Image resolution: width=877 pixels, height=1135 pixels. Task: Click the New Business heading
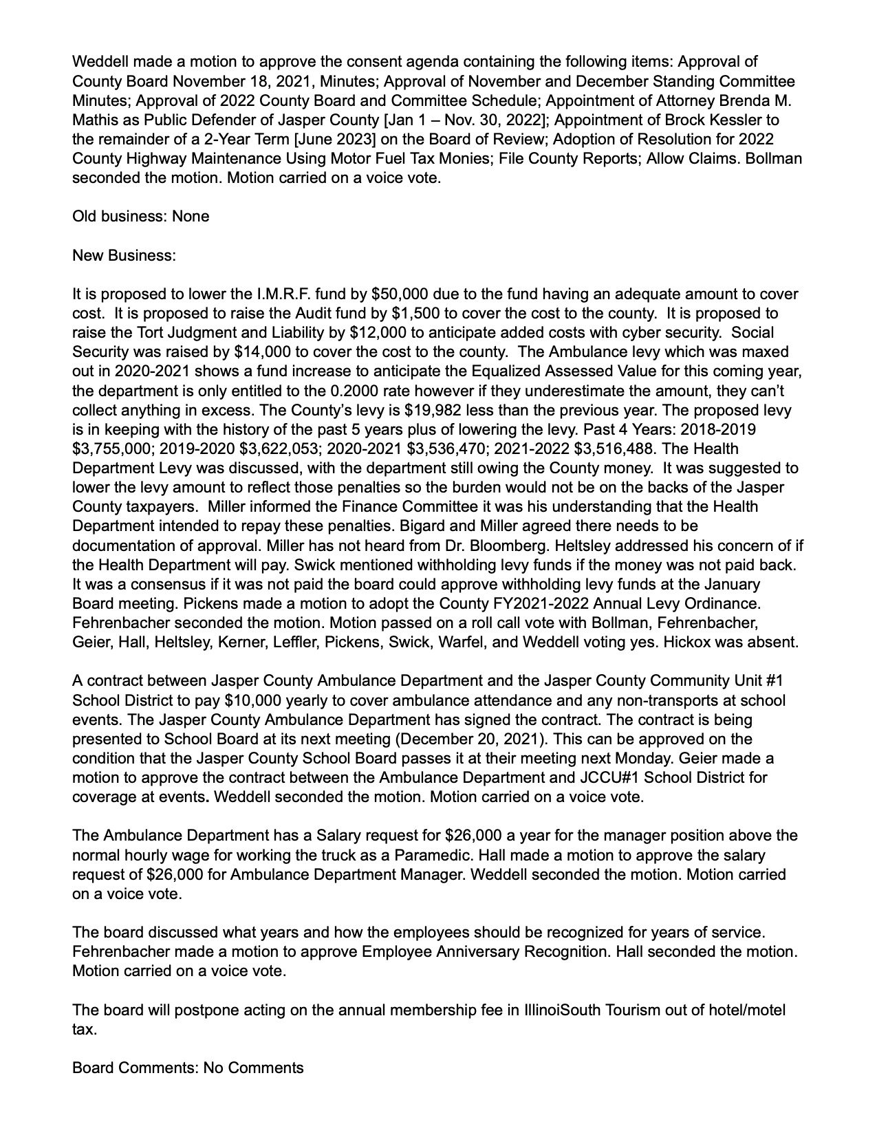click(x=124, y=255)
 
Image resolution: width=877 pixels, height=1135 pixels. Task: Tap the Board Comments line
click(x=188, y=1068)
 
